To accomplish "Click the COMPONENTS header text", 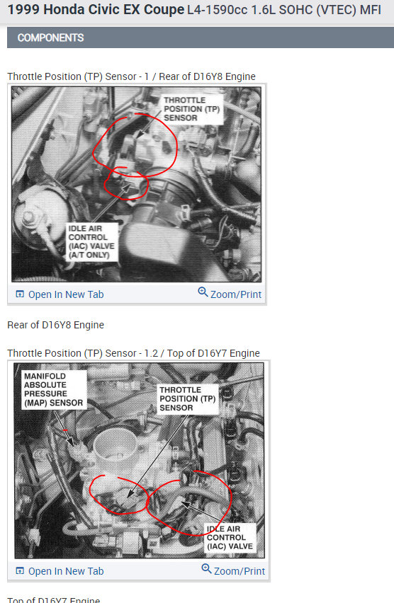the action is (x=50, y=38).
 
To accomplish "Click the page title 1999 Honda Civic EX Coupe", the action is (x=96, y=10).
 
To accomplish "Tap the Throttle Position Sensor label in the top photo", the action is (x=191, y=109).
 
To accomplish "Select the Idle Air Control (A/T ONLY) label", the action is (x=91, y=242).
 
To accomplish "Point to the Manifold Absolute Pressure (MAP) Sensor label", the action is (x=54, y=389).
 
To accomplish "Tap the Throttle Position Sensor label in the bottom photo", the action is (x=188, y=398).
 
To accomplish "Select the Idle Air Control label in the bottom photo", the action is (x=230, y=538).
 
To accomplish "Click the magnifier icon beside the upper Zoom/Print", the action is (x=203, y=292).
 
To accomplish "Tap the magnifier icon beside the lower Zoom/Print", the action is (x=206, y=569).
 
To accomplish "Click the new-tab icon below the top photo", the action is (x=20, y=294).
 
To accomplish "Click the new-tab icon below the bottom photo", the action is (x=20, y=571).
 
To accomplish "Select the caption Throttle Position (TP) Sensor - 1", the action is (x=78, y=76).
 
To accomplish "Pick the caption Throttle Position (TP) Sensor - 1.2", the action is (x=82, y=353).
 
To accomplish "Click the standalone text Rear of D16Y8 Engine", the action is (x=55, y=325).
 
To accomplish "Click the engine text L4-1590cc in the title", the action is (x=218, y=10).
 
